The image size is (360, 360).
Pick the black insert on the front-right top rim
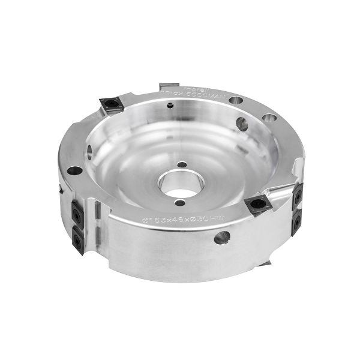(x=257, y=204)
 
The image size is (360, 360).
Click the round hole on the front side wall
(x=218, y=240)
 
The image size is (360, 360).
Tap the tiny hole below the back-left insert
(x=172, y=108)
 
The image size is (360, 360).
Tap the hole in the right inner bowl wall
(x=243, y=124)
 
